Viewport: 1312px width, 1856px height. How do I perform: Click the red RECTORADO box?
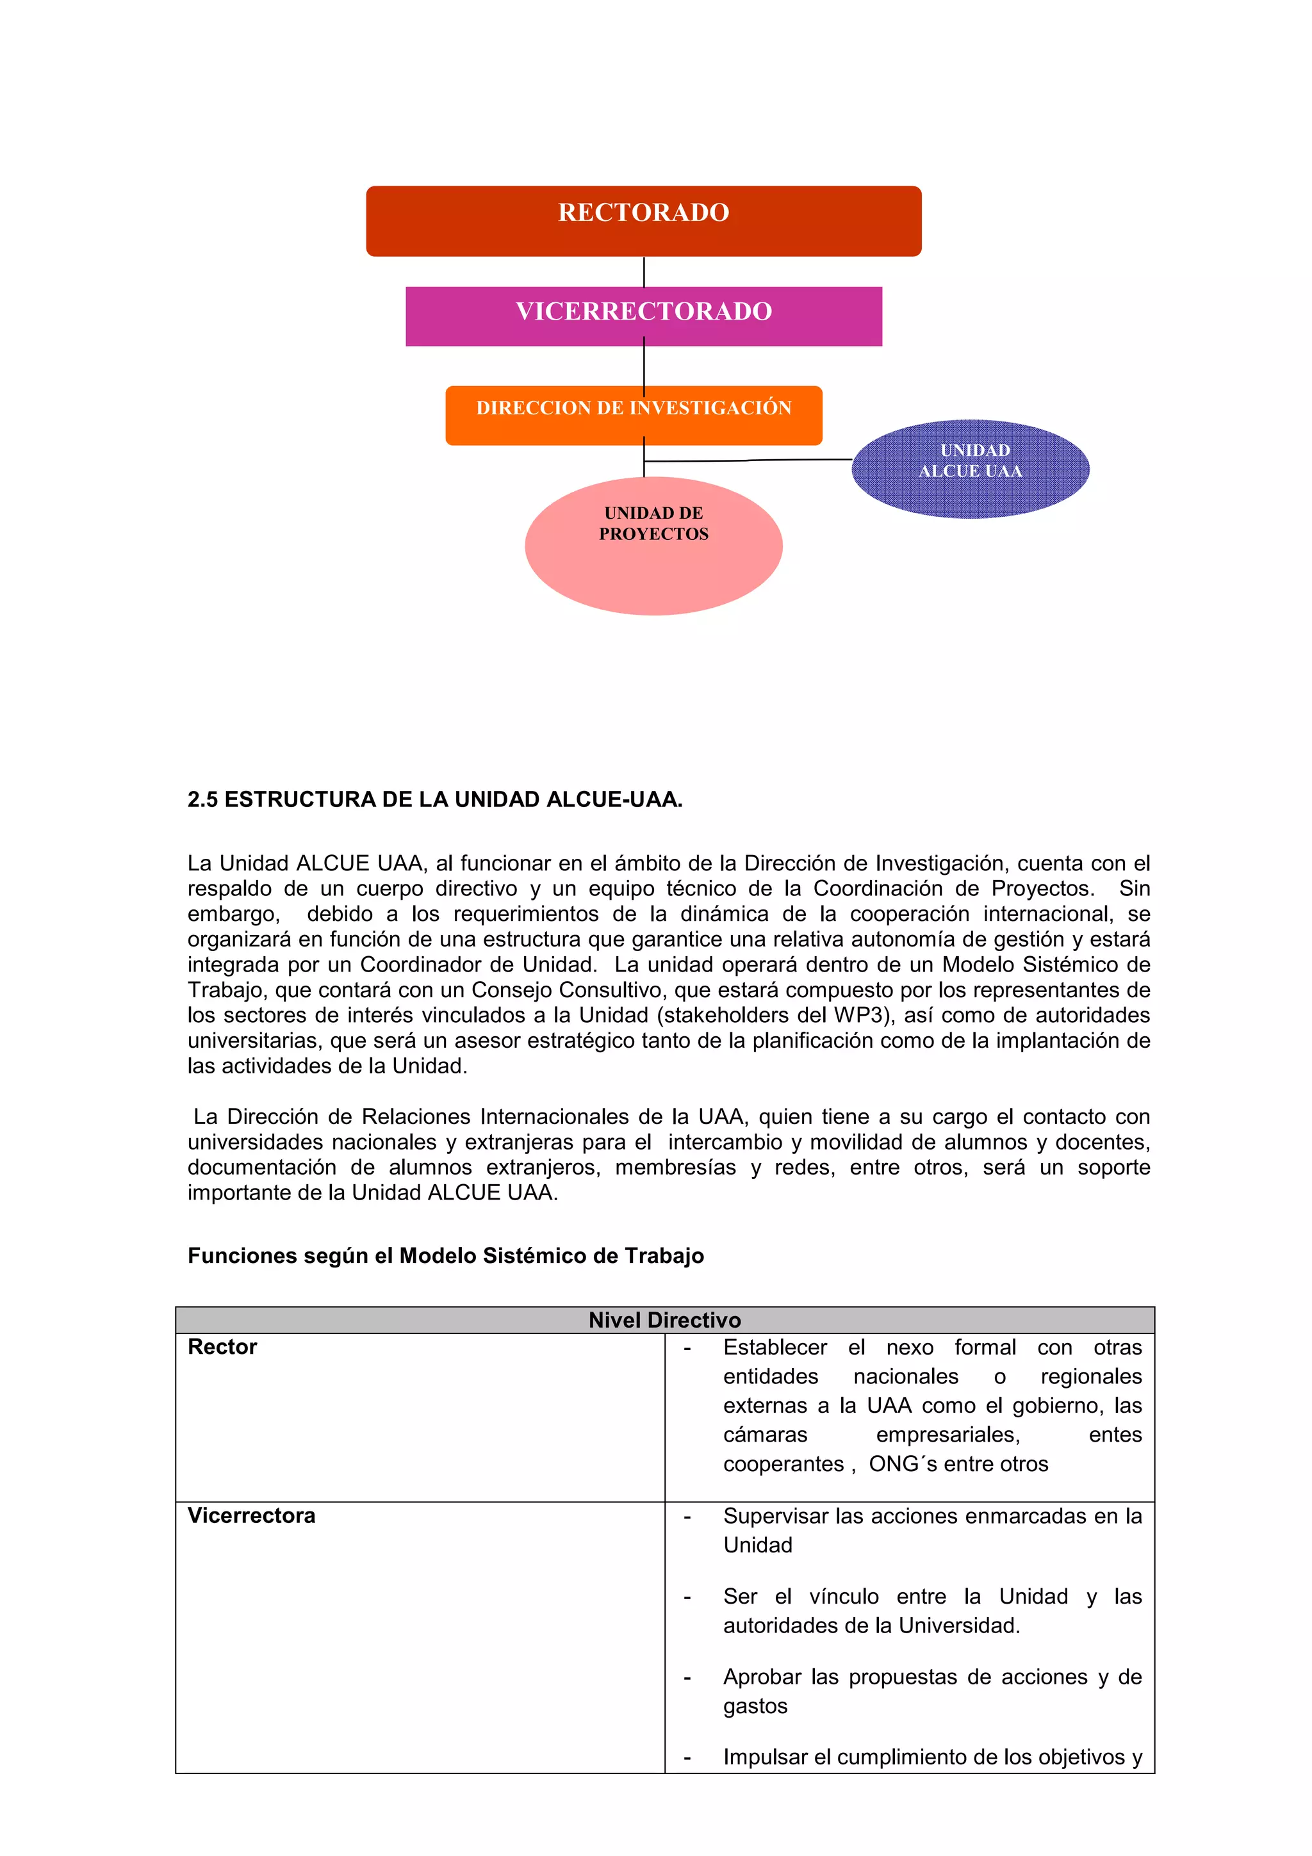pyautogui.click(x=643, y=221)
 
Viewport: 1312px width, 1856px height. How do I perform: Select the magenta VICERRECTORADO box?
pyautogui.click(x=643, y=316)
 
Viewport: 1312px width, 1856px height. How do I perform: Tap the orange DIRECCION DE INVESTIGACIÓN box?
pyautogui.click(x=633, y=415)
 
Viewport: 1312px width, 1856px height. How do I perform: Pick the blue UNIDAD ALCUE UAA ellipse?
pyautogui.click(x=970, y=469)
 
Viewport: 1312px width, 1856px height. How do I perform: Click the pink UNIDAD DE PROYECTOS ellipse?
pyautogui.click(x=653, y=546)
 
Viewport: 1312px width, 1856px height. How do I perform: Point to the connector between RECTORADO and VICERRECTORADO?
pyautogui.click(x=643, y=272)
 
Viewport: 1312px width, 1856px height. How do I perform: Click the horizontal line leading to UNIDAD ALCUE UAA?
pyautogui.click(x=748, y=460)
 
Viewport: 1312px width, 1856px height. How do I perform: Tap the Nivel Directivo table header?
pyautogui.click(x=664, y=1320)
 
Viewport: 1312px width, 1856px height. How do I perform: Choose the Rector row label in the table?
pyautogui.click(x=222, y=1347)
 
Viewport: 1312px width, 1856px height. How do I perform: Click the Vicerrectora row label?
pyautogui.click(x=251, y=1516)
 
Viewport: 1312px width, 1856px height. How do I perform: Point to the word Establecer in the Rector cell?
pyautogui.click(x=775, y=1347)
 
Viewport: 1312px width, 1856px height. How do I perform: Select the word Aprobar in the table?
pyautogui.click(x=762, y=1677)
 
